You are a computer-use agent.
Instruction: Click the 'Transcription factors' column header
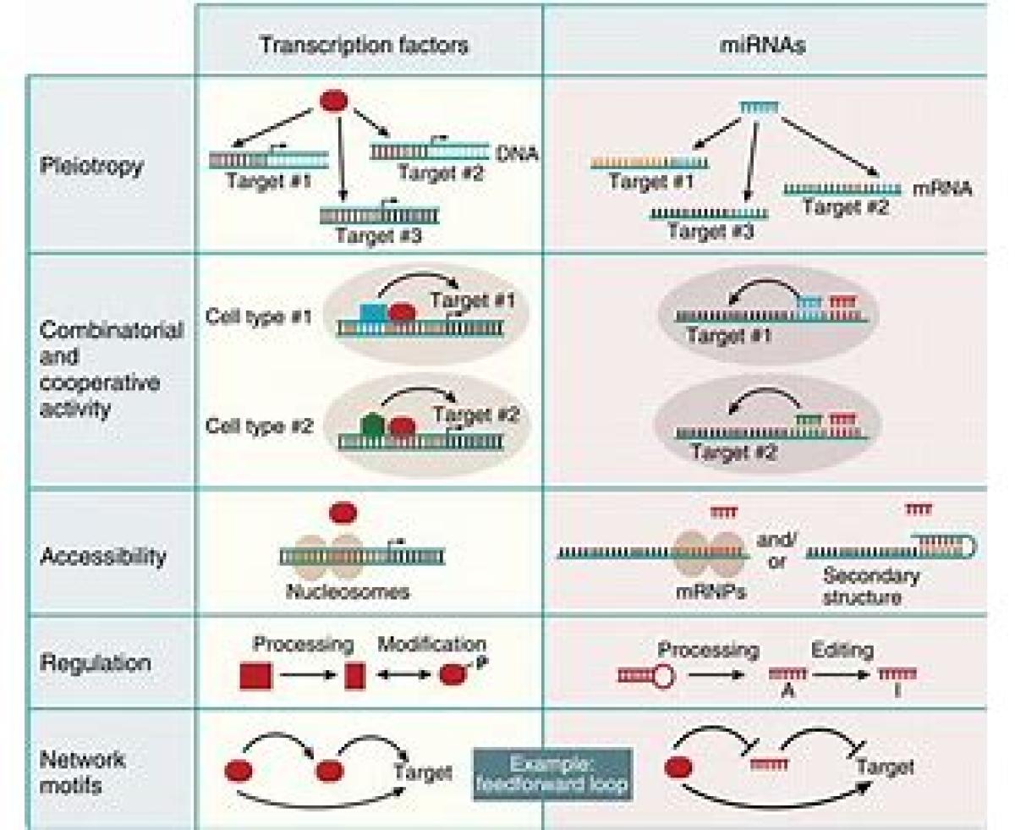click(x=364, y=44)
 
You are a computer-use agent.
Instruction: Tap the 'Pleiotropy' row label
click(x=91, y=164)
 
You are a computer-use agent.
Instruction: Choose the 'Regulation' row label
click(x=95, y=662)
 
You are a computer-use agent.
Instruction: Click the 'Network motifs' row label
click(x=83, y=772)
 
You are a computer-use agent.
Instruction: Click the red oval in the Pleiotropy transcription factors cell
click(x=332, y=101)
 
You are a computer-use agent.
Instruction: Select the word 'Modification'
click(x=431, y=644)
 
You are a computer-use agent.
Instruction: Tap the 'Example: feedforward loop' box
click(x=551, y=772)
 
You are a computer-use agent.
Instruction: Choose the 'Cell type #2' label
click(x=259, y=426)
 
